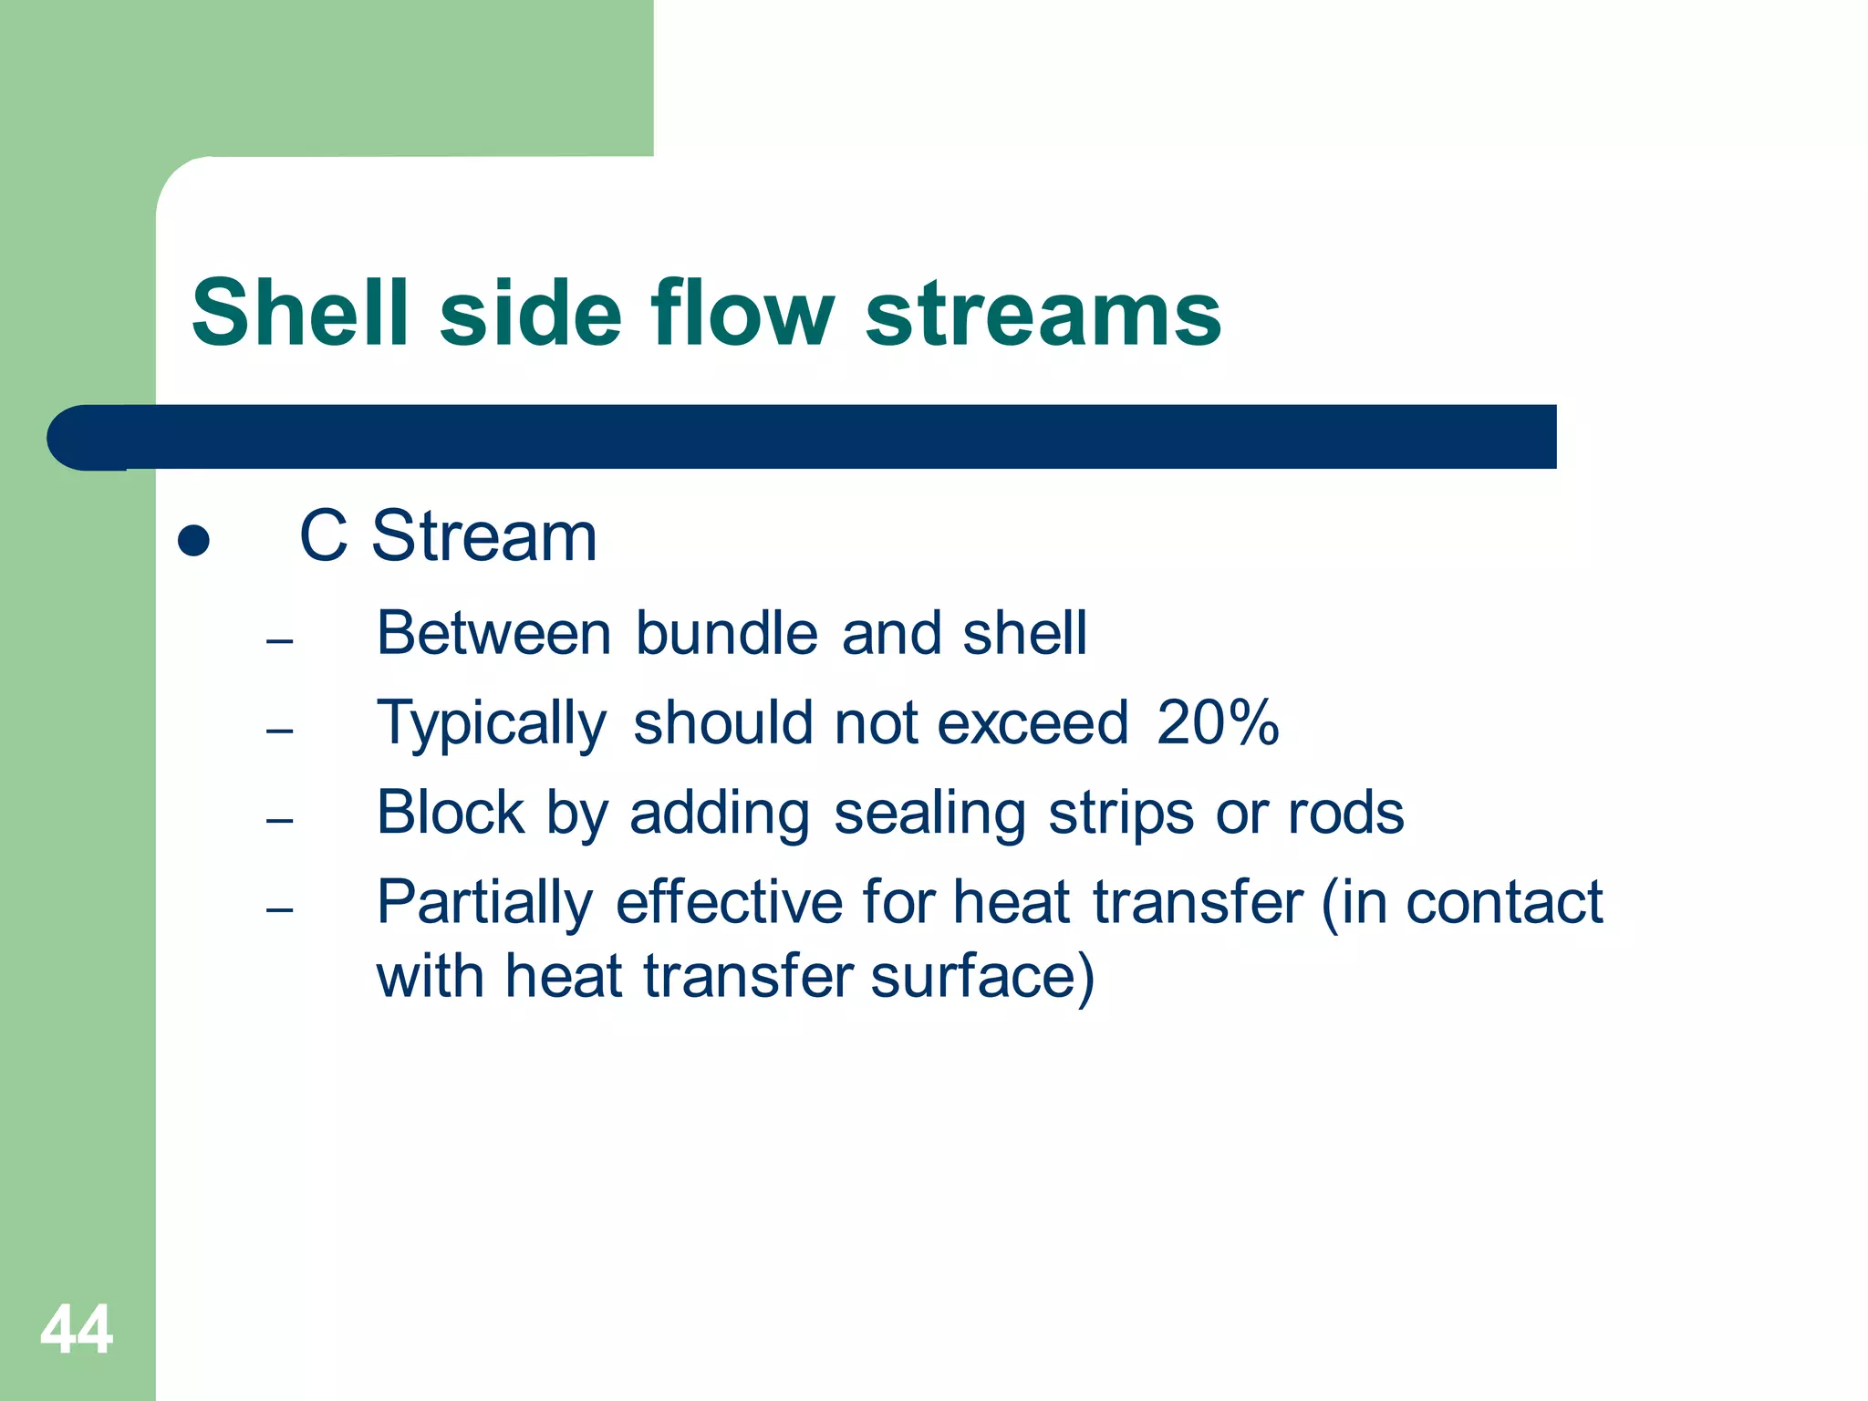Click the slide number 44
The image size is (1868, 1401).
(77, 1330)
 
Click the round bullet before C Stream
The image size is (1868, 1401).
(193, 540)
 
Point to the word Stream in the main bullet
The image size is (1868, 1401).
(483, 536)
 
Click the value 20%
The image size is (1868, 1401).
(1218, 723)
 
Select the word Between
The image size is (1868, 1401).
(493, 633)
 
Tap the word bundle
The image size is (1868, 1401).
(726, 633)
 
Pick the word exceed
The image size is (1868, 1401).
(1033, 723)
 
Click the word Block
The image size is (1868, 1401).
(451, 813)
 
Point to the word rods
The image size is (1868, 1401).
(1345, 813)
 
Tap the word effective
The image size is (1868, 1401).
(729, 903)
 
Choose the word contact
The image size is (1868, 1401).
(1504, 903)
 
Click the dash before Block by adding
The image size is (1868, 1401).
(280, 821)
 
